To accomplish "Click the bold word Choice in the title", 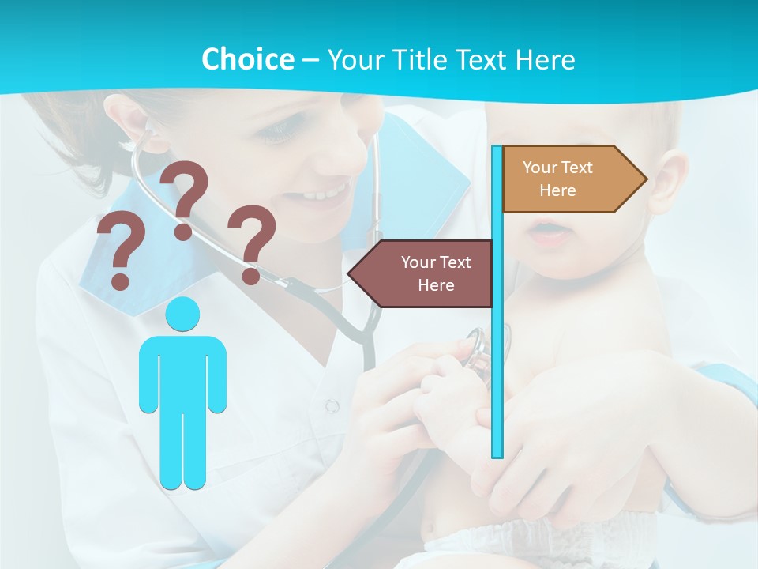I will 247,59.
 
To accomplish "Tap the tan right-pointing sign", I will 568,179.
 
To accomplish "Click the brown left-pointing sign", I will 422,273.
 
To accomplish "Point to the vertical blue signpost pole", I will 497,356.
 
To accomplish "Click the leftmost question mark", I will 120,250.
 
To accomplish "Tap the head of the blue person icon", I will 182,315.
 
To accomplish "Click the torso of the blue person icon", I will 182,371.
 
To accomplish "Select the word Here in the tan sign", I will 557,190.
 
